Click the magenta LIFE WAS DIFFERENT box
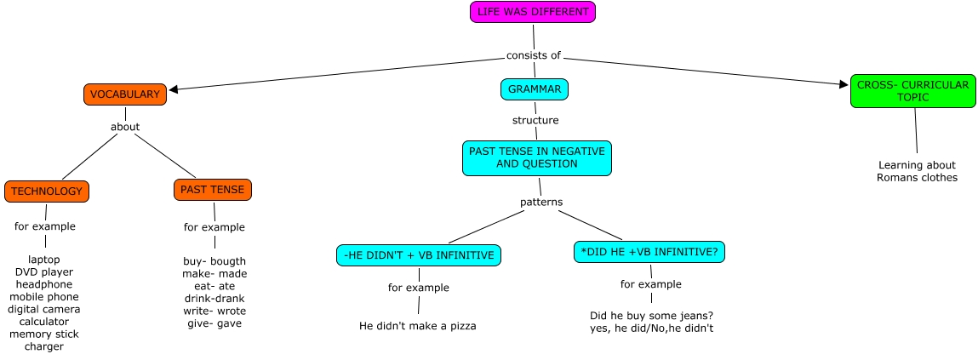(533, 12)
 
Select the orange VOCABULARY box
(125, 94)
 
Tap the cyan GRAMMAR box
(534, 89)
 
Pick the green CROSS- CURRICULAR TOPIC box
(911, 91)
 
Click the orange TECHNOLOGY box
(47, 191)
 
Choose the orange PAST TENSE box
(213, 189)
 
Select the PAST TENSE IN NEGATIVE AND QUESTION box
(536, 157)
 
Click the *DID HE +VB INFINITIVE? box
(651, 252)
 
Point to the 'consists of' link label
(534, 56)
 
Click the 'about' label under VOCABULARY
(125, 127)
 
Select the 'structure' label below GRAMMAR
(535, 120)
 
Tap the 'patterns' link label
(541, 202)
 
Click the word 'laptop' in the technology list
(44, 259)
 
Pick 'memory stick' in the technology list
(44, 334)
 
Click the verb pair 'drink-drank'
(214, 298)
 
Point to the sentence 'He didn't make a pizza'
(417, 325)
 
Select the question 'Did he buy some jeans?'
(651, 315)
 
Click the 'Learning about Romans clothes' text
(917, 171)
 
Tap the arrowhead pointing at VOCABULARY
(174, 89)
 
